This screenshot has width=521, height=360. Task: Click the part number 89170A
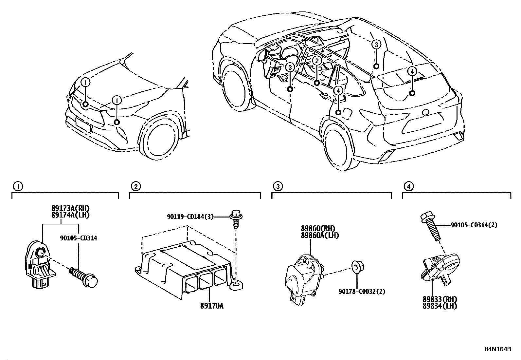[x=212, y=306]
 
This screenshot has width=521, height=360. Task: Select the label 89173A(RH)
[x=70, y=208]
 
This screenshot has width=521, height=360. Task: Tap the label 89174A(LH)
[x=70, y=215]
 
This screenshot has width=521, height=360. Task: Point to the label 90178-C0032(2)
[x=362, y=291]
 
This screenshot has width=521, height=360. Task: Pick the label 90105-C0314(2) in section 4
[x=474, y=225]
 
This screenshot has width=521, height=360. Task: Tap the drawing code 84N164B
[x=497, y=349]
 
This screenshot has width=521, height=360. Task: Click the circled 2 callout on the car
[x=317, y=61]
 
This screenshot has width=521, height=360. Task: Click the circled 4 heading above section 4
[x=408, y=186]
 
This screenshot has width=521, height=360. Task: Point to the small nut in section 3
[x=356, y=267]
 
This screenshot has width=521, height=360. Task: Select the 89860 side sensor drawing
[x=304, y=275]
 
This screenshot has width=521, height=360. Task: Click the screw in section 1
[x=84, y=276]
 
